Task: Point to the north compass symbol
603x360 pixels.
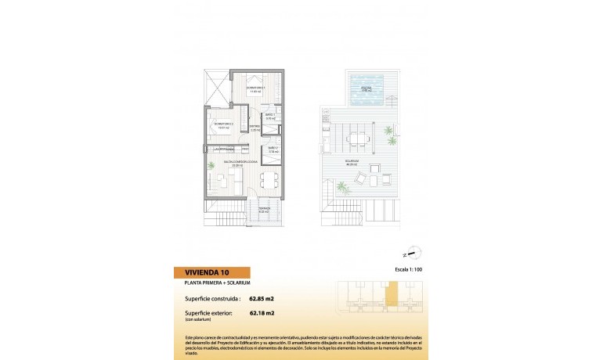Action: tap(415, 252)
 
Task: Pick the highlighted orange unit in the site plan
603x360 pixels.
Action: tap(391, 297)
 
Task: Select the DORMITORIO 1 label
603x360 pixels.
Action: tap(256, 88)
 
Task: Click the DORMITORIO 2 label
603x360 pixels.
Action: tap(223, 124)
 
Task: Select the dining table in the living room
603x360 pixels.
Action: tap(269, 179)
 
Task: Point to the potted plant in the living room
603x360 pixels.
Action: tap(211, 165)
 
